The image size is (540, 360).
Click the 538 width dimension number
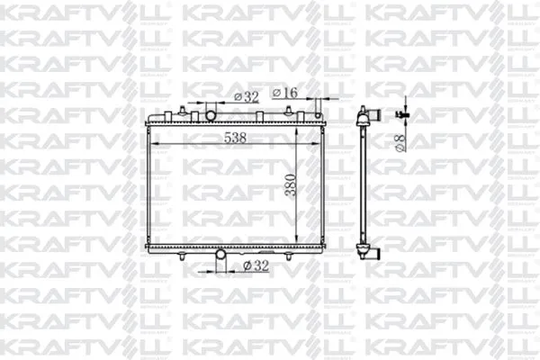pos(235,138)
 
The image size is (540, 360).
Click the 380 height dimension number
pos(291,185)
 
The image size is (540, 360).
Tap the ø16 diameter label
pos(284,93)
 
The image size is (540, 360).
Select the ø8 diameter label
pos(400,143)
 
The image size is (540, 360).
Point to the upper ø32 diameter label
pos(247,97)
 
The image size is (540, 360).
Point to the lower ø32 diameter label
pos(256,265)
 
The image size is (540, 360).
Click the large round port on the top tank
pos(211,115)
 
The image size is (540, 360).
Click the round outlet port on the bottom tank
pos(220,254)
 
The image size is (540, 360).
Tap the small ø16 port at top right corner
pos(318,115)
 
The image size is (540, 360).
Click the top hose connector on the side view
pos(374,114)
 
